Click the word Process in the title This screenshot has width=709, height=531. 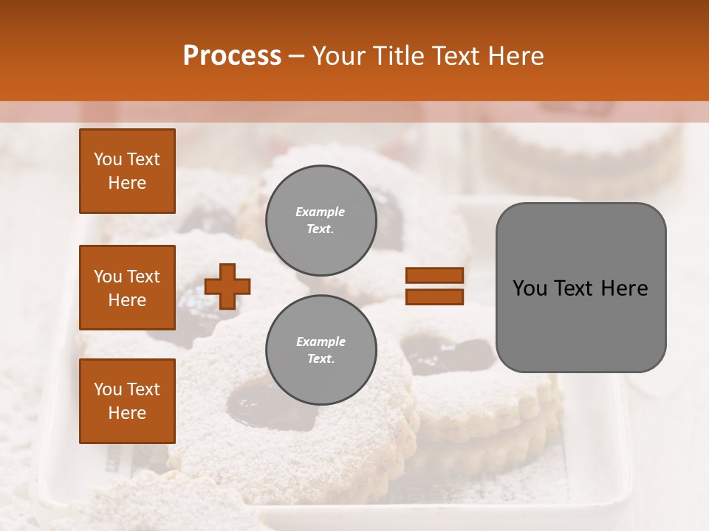232,55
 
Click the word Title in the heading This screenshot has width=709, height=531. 398,55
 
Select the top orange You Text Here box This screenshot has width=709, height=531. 127,171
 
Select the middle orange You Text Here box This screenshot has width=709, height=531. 127,288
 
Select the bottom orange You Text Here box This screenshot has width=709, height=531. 127,401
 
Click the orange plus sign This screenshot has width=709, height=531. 227,286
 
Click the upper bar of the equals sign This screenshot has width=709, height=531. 434,275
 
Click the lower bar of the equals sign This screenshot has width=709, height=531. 434,296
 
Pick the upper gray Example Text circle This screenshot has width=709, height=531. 321,220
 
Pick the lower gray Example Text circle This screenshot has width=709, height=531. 321,350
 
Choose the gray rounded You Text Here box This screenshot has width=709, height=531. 580,288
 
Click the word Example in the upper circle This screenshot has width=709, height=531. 321,212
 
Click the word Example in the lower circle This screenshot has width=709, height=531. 321,341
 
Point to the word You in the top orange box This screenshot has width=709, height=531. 108,159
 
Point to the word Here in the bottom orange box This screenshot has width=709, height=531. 127,413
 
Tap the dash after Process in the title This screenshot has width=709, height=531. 297,56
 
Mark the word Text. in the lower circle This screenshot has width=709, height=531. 321,358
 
